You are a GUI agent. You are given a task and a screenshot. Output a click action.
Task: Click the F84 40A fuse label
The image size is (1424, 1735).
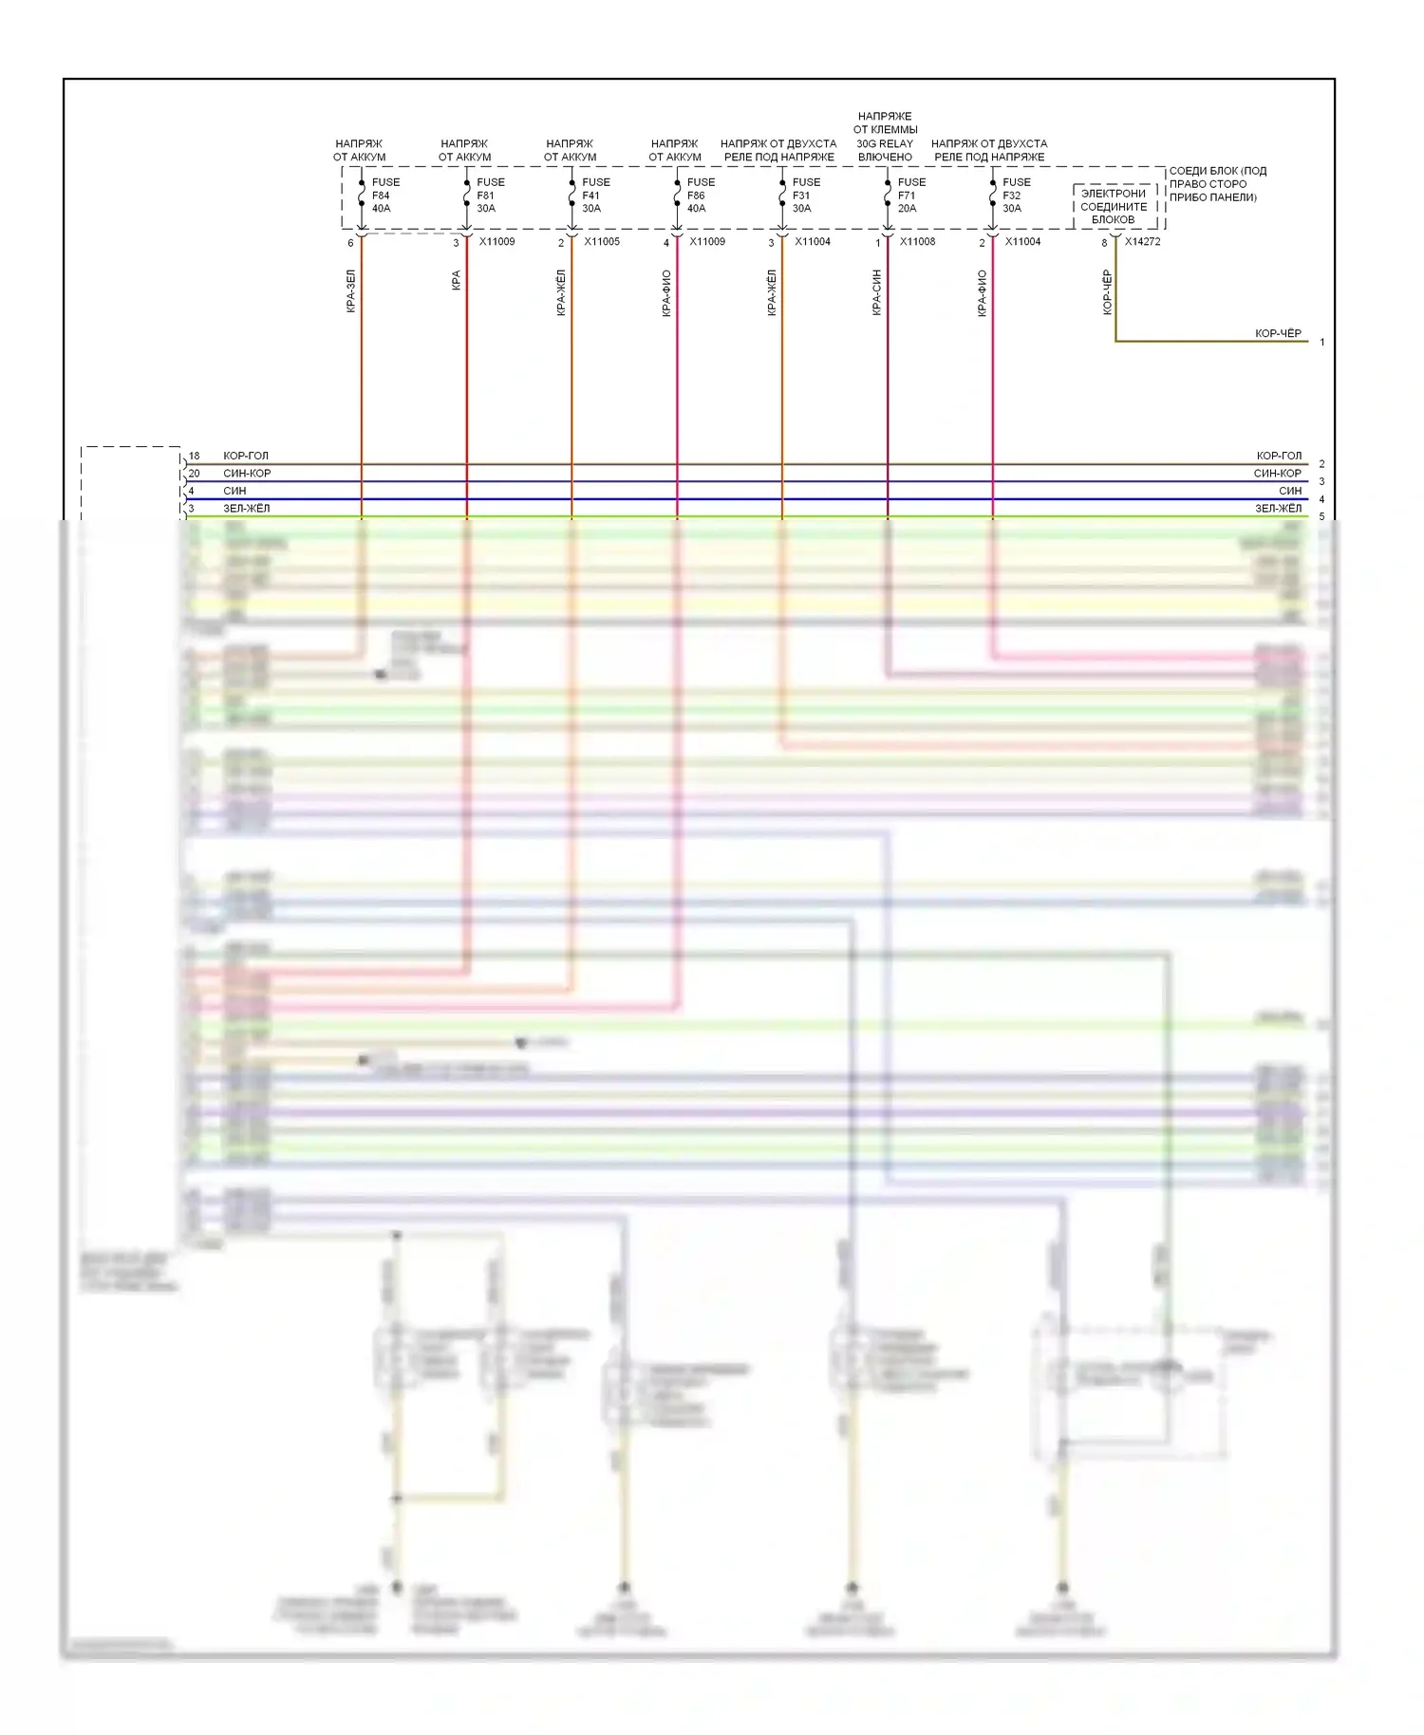pyautogui.click(x=382, y=196)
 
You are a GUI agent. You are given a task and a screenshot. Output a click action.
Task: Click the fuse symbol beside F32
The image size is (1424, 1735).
pyautogui.click(x=993, y=195)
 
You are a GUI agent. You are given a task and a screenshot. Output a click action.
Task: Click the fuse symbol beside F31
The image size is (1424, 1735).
pyautogui.click(x=782, y=195)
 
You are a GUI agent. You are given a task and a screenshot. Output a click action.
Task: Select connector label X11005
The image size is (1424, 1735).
pyautogui.click(x=602, y=242)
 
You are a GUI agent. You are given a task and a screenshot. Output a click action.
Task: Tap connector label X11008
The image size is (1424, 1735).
pyautogui.click(x=917, y=242)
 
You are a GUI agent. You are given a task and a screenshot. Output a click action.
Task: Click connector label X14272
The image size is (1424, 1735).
pyautogui.click(x=1142, y=242)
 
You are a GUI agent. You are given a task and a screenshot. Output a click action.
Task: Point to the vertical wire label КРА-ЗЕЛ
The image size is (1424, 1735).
pyautogui.click(x=350, y=291)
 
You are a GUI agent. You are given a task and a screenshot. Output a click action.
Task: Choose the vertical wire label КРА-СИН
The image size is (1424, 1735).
pyautogui.click(x=876, y=292)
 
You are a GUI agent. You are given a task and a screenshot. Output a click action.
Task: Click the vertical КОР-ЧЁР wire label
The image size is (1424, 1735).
pyautogui.click(x=1107, y=292)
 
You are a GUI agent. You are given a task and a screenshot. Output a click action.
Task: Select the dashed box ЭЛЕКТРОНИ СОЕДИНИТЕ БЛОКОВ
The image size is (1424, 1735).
pyautogui.click(x=1114, y=206)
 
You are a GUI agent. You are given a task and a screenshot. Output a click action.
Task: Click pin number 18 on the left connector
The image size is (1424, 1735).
pyautogui.click(x=194, y=456)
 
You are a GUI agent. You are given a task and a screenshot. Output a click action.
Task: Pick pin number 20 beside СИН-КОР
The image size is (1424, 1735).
pyautogui.click(x=194, y=474)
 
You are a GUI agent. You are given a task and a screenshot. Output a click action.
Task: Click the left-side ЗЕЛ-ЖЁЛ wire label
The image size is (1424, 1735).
pyautogui.click(x=246, y=509)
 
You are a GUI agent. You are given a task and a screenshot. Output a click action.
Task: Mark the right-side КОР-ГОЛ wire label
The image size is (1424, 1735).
pyautogui.click(x=1279, y=456)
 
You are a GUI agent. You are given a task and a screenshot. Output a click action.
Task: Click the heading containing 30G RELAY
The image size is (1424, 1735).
pyautogui.click(x=885, y=137)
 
